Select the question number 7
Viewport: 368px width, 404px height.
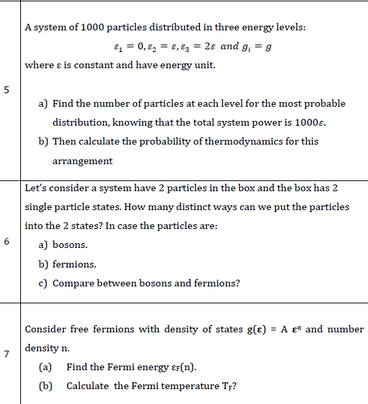coord(6,357)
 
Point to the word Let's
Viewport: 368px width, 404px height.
coord(34,187)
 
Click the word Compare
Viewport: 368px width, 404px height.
coord(73,283)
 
